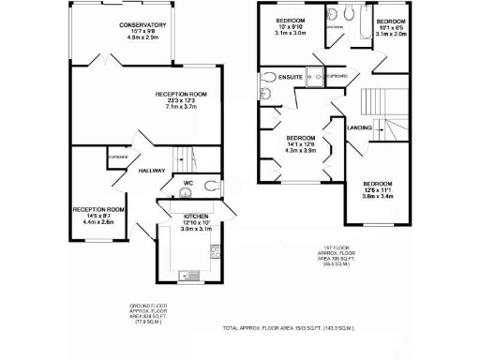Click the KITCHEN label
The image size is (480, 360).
(x=196, y=216)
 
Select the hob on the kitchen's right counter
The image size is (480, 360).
(x=215, y=250)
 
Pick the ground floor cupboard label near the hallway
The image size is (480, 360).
(x=118, y=157)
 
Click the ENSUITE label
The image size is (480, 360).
(x=291, y=77)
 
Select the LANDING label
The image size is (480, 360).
(x=360, y=127)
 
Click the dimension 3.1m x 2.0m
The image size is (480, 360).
(x=392, y=35)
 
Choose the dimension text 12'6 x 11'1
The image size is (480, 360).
(x=378, y=190)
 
